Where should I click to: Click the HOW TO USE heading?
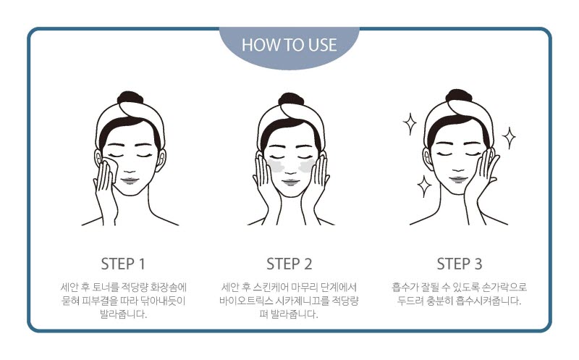[x=289, y=45]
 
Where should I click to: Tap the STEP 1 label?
[x=123, y=264]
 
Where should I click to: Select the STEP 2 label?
[x=289, y=264]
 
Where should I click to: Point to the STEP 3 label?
[x=460, y=264]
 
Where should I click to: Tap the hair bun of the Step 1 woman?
[x=130, y=98]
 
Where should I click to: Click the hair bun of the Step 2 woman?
[x=291, y=99]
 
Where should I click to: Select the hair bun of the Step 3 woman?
[x=459, y=96]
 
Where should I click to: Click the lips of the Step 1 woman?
[x=130, y=181]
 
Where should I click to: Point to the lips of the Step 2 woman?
[x=291, y=182]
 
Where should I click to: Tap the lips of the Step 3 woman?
[x=458, y=180]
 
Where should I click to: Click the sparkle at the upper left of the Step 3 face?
[x=410, y=123]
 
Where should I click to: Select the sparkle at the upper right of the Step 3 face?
[x=510, y=138]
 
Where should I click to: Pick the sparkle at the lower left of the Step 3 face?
[x=424, y=186]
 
